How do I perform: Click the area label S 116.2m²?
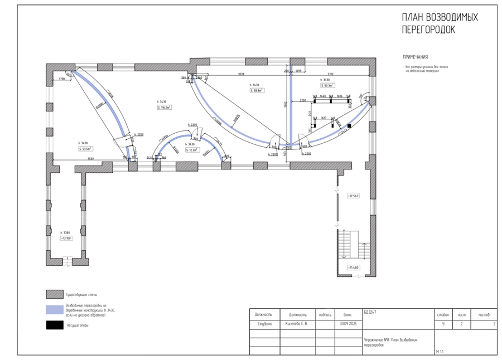[x=164, y=107]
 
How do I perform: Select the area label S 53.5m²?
[x=85, y=149]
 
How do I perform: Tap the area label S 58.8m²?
[x=257, y=90]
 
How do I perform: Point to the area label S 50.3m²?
[x=327, y=86]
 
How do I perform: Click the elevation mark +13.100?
[x=66, y=238]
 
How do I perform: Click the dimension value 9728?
[x=242, y=74]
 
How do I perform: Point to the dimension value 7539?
[x=90, y=159]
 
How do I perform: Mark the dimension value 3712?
[x=330, y=74]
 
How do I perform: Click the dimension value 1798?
[x=62, y=79]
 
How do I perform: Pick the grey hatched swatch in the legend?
[x=54, y=294]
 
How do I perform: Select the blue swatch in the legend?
[x=54, y=310]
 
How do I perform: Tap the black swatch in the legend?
[x=54, y=325]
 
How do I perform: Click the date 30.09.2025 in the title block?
[x=347, y=323]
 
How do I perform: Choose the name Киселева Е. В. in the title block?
[x=296, y=323]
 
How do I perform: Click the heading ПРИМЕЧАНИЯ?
[x=415, y=57]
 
